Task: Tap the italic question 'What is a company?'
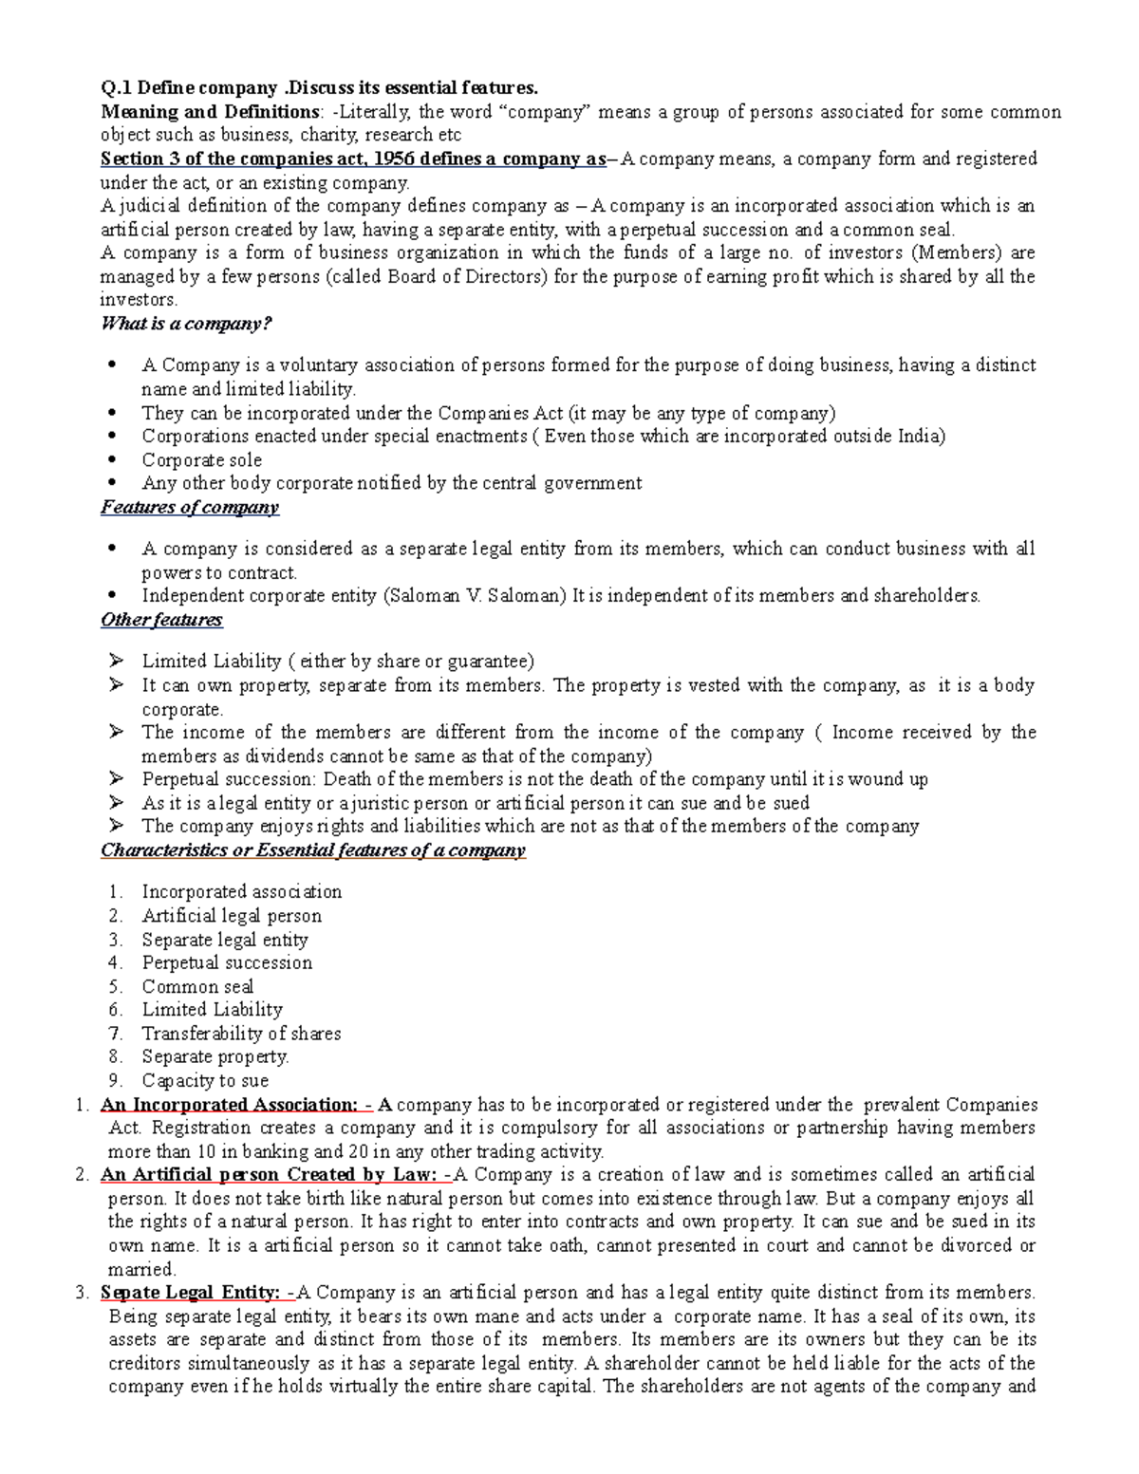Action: coord(186,324)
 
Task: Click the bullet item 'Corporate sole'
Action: coord(201,459)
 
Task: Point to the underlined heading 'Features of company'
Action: coord(190,507)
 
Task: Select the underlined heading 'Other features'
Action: coord(161,620)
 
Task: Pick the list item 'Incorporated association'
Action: coord(241,892)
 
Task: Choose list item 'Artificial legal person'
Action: coord(232,916)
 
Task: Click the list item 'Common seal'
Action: coord(197,986)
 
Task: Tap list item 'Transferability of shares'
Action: coord(241,1034)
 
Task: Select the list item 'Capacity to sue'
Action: coord(205,1080)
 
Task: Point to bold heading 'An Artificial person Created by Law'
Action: coord(268,1175)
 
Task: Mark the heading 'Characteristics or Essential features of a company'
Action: coord(312,850)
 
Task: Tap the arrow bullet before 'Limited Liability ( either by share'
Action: coord(116,661)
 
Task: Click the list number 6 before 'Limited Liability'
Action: coord(115,1010)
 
